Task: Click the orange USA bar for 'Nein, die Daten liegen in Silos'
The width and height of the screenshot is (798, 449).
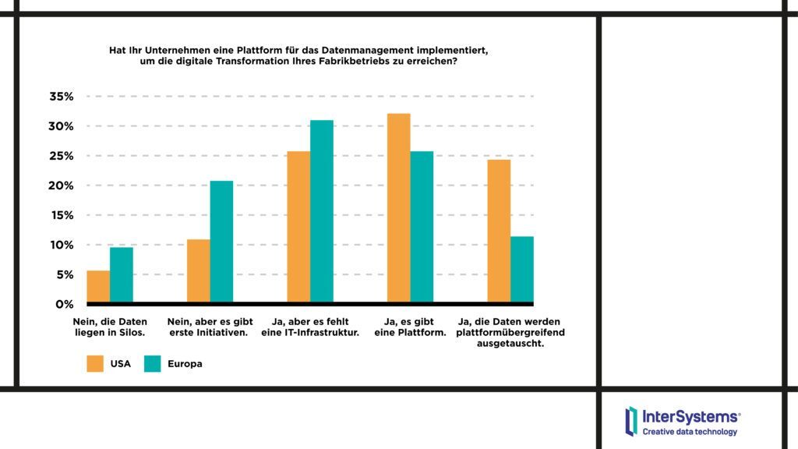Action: (98, 286)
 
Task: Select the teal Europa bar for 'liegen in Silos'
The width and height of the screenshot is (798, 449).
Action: (121, 274)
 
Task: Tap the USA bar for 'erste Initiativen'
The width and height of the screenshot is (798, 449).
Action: (199, 270)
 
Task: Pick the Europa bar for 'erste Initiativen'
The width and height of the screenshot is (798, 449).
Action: (221, 242)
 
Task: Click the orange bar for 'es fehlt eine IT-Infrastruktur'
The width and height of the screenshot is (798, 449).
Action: (298, 226)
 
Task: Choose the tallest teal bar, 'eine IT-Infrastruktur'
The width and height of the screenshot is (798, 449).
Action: (322, 211)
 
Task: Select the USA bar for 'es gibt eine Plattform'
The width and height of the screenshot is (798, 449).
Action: (398, 208)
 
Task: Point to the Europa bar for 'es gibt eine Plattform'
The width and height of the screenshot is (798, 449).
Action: (422, 226)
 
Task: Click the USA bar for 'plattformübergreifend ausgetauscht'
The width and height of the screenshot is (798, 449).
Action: (499, 231)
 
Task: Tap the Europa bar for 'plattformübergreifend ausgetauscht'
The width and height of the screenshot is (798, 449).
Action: (522, 269)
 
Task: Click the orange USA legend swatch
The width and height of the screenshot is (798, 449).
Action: (95, 363)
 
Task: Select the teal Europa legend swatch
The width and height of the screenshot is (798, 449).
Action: (153, 363)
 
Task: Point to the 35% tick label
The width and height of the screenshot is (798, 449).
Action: (61, 97)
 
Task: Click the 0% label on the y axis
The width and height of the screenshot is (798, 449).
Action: (64, 304)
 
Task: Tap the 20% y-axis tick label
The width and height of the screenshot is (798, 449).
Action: (61, 186)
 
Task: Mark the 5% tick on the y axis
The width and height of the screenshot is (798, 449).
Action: (64, 274)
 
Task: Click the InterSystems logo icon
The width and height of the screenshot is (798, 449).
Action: (630, 420)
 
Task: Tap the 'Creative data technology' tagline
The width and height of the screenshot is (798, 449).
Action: (690, 432)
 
